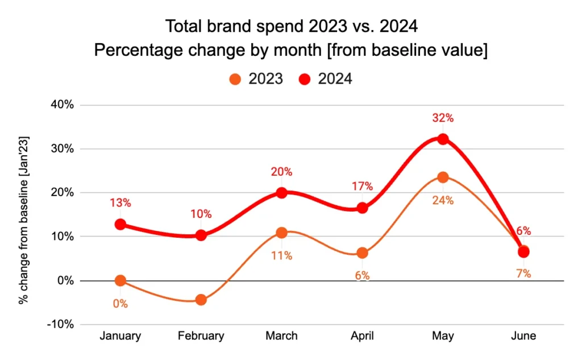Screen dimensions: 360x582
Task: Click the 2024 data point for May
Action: point(443,139)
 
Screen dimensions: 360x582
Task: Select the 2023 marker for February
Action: point(201,300)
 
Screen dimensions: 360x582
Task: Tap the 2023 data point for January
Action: point(120,280)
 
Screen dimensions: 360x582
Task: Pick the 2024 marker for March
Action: point(281,193)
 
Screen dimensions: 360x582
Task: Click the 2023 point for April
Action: point(362,253)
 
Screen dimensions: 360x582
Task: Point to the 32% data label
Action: point(443,118)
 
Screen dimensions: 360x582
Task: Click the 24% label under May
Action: point(443,200)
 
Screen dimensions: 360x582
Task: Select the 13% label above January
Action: point(120,202)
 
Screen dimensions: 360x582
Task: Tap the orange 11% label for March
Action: point(281,256)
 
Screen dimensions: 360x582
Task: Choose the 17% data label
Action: point(362,186)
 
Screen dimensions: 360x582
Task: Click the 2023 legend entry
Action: point(256,79)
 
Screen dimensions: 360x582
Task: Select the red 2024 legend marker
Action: point(305,79)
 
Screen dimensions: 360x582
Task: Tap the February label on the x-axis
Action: point(201,336)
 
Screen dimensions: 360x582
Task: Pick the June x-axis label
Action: point(523,336)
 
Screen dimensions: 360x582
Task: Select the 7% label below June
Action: point(523,274)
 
